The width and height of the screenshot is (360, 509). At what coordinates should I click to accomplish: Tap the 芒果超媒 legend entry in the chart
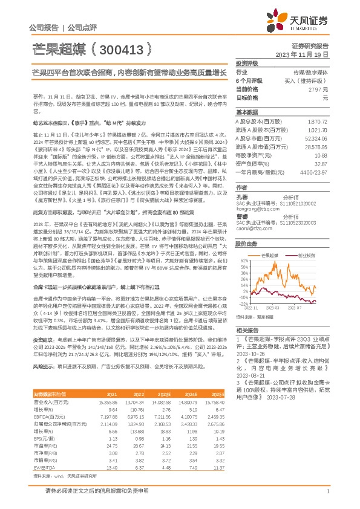pos(270,256)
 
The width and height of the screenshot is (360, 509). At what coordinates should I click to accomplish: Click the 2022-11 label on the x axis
pos(251,307)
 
